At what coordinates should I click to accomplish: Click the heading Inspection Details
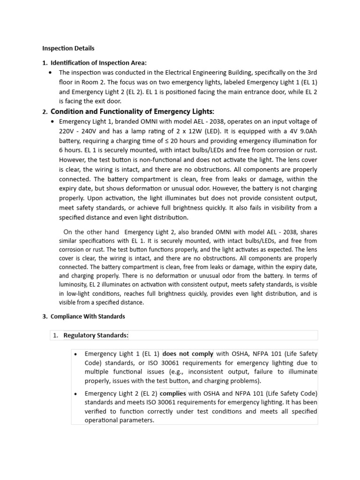point(68,48)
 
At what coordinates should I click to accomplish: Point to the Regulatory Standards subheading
point(96,335)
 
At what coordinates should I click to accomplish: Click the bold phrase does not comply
point(187,354)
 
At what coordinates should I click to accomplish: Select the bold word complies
point(173,393)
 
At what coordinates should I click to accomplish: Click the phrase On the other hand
point(91,232)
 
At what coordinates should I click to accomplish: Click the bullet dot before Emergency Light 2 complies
point(76,393)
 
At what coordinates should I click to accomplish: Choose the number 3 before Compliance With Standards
point(44,316)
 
